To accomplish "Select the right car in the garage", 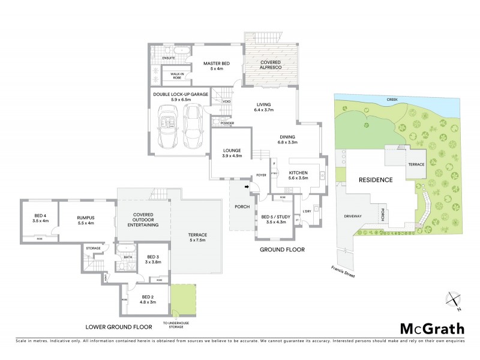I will pyautogui.click(x=193, y=125).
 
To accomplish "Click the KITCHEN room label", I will pyautogui.click(x=298, y=175).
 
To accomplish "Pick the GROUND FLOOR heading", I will pyautogui.click(x=282, y=249).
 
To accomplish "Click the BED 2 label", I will pyautogui.click(x=148, y=299).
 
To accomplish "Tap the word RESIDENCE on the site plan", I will pyautogui.click(x=376, y=179).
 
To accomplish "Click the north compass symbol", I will pyautogui.click(x=454, y=298).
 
